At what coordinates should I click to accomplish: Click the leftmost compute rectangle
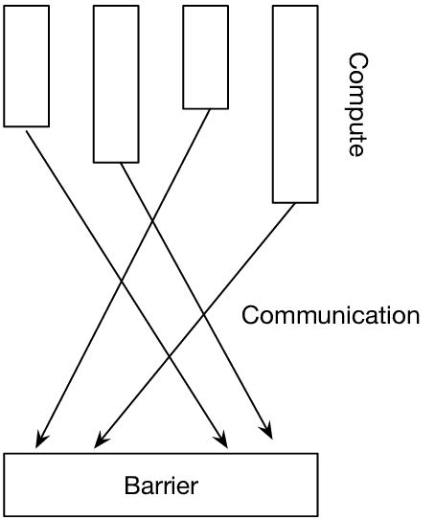(x=26, y=64)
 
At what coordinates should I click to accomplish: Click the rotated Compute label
(x=356, y=104)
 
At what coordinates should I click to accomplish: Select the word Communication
(x=330, y=315)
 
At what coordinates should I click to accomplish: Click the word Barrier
(x=161, y=485)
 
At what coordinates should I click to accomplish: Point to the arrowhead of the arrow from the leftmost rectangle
(x=225, y=443)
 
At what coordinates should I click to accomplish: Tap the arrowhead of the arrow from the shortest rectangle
(x=38, y=443)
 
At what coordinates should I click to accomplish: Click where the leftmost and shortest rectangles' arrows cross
(x=121, y=282)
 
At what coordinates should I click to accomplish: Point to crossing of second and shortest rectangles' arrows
(x=152, y=221)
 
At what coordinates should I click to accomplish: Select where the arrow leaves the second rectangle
(x=121, y=163)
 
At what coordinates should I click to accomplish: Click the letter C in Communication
(x=251, y=315)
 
